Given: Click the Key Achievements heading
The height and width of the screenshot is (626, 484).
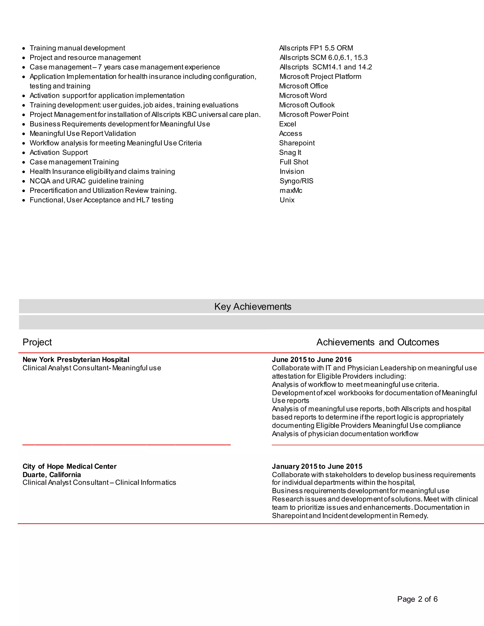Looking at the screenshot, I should [x=253, y=306].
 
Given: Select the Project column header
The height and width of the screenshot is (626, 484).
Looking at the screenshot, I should [x=37, y=342].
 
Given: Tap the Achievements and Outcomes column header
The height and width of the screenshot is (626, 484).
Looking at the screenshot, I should [x=377, y=342].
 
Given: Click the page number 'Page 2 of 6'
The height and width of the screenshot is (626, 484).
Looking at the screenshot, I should [x=417, y=599].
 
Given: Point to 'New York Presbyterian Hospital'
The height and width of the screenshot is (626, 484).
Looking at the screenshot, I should [x=76, y=360].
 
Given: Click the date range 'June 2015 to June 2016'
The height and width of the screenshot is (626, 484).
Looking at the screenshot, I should [x=312, y=360].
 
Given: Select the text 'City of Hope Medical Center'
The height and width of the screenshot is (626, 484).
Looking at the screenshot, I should [x=70, y=466].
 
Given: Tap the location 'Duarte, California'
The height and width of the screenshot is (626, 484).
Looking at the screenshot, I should [x=52, y=475].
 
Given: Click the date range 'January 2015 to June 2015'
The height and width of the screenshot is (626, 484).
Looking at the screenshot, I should [x=317, y=466].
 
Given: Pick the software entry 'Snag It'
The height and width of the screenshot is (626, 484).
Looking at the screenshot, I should [x=290, y=153].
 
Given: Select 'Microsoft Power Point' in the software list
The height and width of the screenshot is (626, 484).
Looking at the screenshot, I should [x=314, y=114].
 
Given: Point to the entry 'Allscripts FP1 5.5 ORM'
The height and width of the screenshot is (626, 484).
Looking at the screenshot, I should [x=316, y=48].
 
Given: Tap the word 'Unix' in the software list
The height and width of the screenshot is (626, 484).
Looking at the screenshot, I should [x=287, y=200].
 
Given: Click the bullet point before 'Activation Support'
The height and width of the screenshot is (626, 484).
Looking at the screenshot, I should [x=24, y=153].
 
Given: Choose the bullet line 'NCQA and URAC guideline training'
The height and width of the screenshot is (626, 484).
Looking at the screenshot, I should [x=86, y=181].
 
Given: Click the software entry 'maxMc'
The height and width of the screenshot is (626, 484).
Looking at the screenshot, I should [x=291, y=190].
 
